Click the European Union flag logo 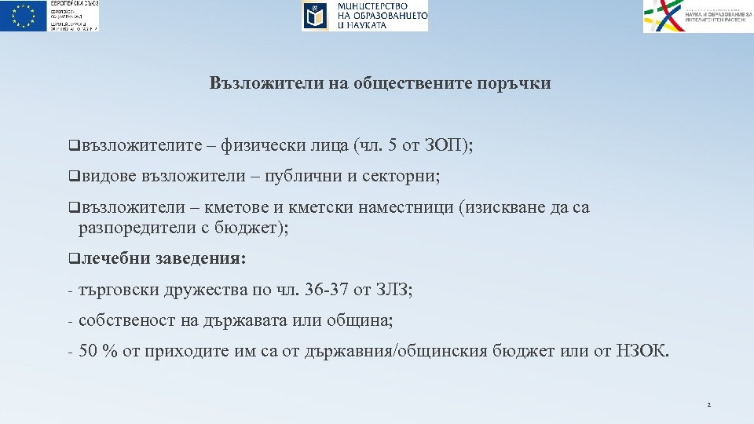click(24, 16)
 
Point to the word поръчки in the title click(514, 83)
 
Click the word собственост click(121, 321)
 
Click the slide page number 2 click(708, 405)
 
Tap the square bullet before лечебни click(72, 258)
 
